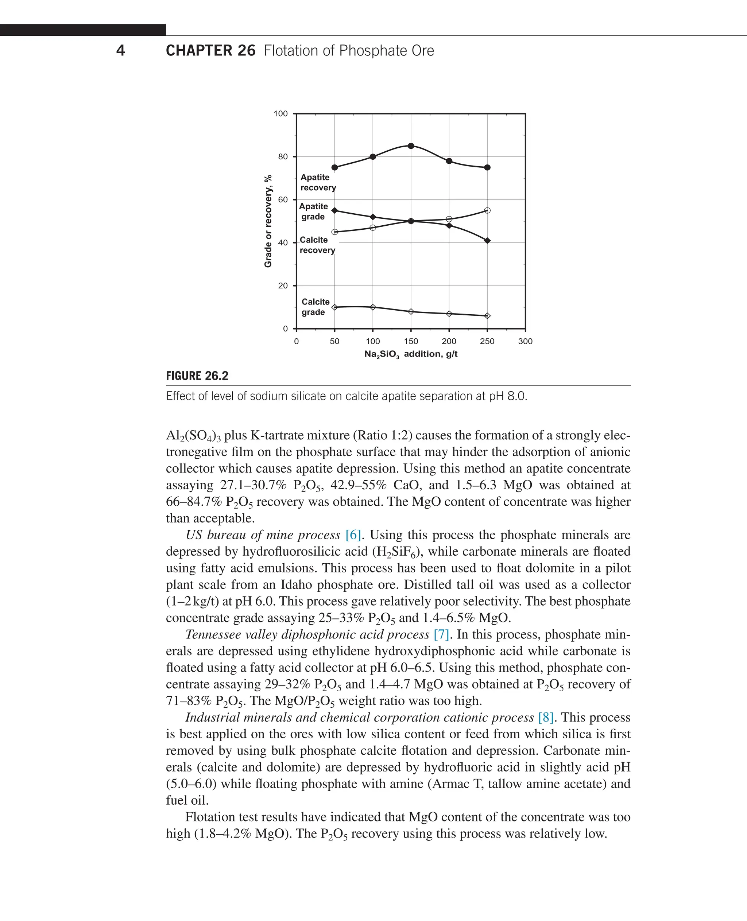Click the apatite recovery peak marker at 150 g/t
411,146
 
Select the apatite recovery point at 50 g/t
334,167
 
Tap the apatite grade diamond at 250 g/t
487,241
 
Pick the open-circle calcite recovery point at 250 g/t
487,210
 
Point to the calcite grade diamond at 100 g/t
373,307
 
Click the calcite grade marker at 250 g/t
487,316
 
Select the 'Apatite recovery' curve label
318,182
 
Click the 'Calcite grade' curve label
315,307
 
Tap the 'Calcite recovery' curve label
317,245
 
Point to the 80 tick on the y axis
283,156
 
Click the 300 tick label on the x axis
525,341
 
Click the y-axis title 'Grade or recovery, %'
268,221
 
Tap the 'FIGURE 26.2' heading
197,376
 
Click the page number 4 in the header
120,50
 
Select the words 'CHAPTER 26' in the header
210,50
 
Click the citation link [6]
353,535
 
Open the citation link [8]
546,717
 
